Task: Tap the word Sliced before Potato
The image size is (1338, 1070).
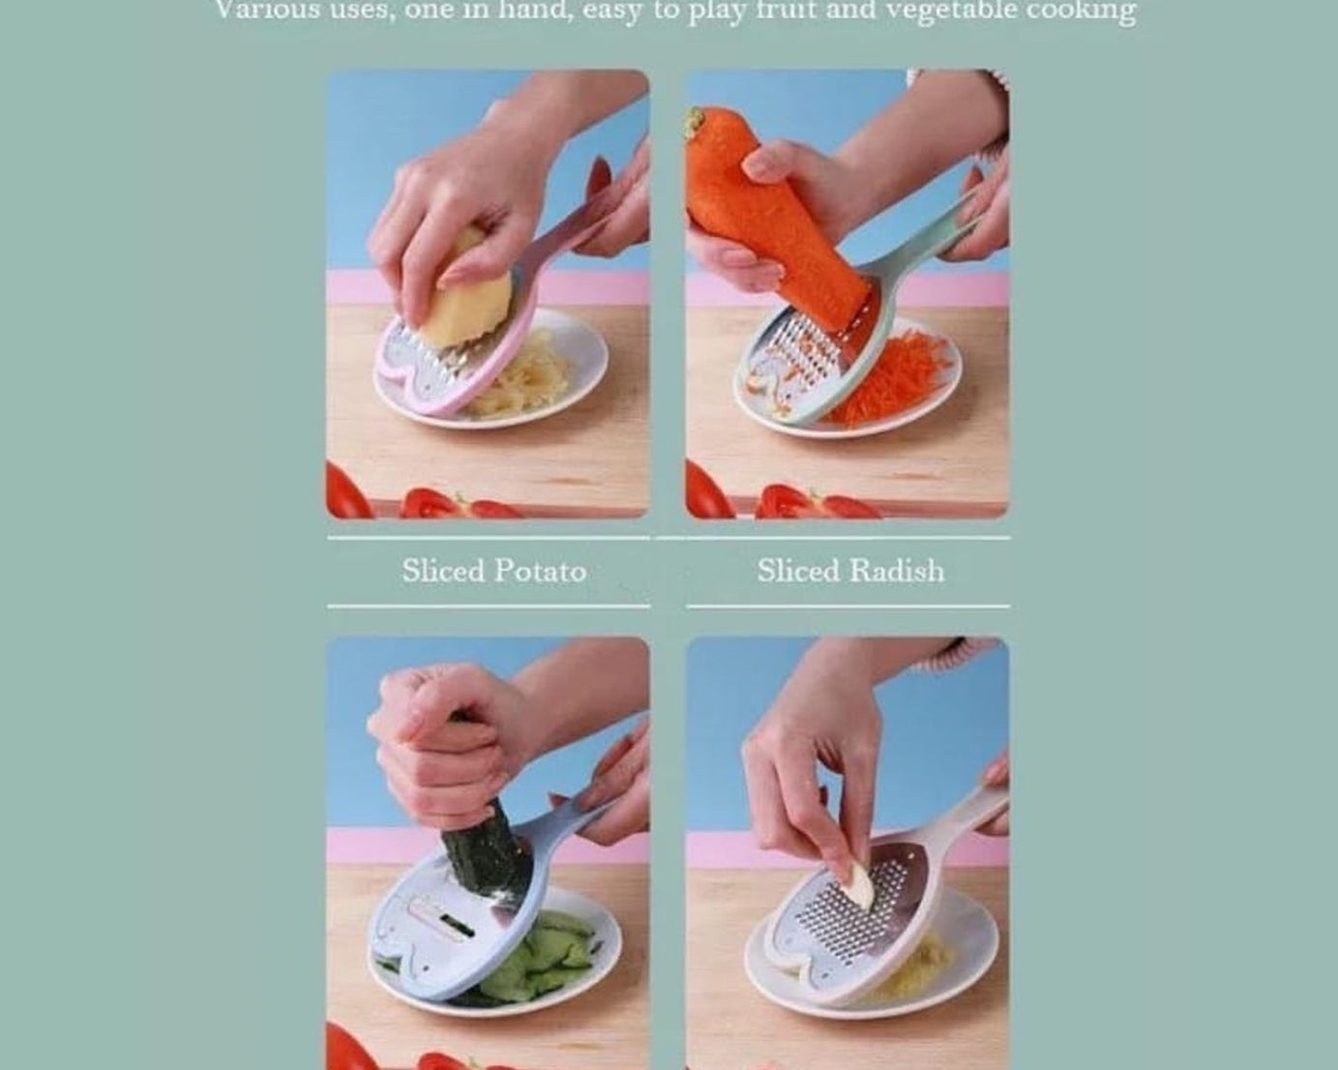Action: [443, 571]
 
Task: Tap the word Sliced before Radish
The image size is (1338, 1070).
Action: [798, 571]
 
